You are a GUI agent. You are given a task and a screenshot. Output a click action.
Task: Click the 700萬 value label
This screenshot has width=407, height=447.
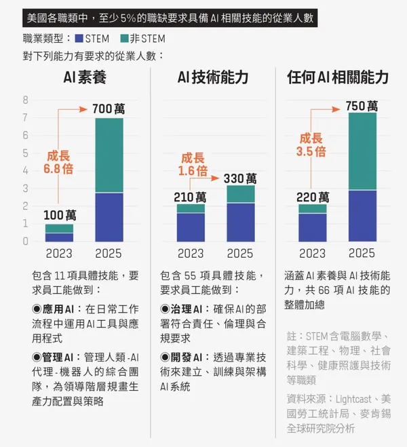coord(109,108)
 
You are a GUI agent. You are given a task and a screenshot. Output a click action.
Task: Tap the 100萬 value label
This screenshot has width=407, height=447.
coord(60,215)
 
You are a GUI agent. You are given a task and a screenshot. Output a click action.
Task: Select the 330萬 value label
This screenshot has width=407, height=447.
coord(240,178)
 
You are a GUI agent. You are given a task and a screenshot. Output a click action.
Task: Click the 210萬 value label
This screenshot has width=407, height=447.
coord(190,197)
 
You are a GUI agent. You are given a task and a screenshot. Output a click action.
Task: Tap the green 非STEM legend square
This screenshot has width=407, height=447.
coord(124,39)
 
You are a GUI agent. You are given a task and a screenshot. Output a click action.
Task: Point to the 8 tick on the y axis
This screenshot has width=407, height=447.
coord(26,100)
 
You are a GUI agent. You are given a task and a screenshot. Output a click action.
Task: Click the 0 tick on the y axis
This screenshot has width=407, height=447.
coord(26,241)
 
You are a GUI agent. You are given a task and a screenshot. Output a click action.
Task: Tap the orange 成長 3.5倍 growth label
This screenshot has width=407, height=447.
coord(311,145)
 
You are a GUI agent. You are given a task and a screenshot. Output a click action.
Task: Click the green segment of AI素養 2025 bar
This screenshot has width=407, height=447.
coord(109,155)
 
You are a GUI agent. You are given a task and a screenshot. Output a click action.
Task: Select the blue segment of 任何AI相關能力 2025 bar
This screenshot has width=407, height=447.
coord(362,216)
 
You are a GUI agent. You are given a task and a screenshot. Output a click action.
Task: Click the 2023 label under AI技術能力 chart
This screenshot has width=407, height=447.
coord(191,254)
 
